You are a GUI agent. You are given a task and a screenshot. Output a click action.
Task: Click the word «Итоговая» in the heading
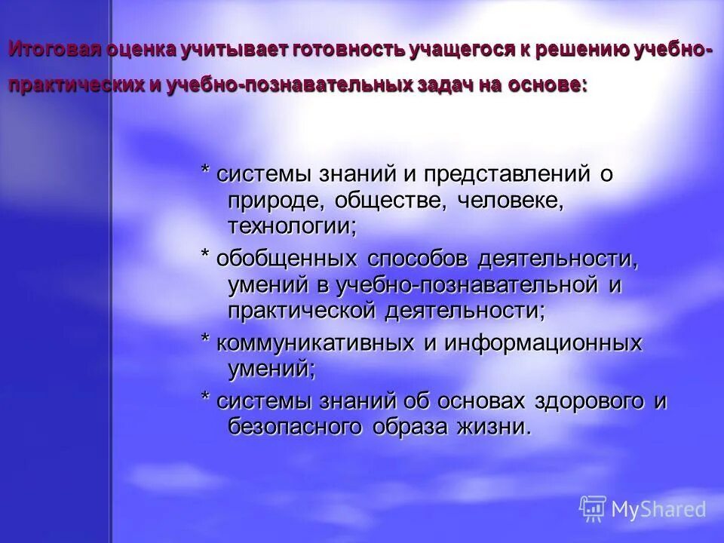44,51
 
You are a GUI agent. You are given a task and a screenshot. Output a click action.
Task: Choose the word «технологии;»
292,225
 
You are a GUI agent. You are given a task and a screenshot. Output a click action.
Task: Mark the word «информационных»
542,343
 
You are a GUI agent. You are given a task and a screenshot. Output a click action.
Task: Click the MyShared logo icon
593,509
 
